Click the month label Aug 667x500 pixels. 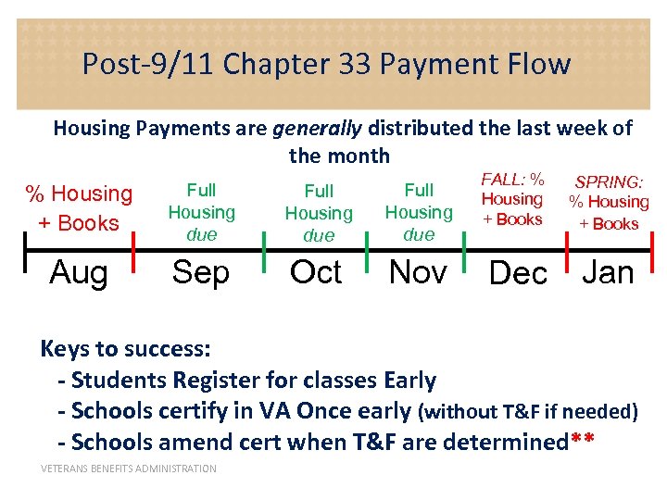click(78, 272)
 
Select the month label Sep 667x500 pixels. click(200, 272)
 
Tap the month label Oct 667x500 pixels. click(316, 272)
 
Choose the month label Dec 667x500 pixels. click(518, 274)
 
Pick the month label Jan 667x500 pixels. click(608, 272)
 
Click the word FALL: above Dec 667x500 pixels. click(501, 179)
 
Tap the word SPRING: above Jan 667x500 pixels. click(609, 182)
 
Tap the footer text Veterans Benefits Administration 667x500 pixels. click(129, 469)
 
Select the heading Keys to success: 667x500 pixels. click(126, 349)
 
